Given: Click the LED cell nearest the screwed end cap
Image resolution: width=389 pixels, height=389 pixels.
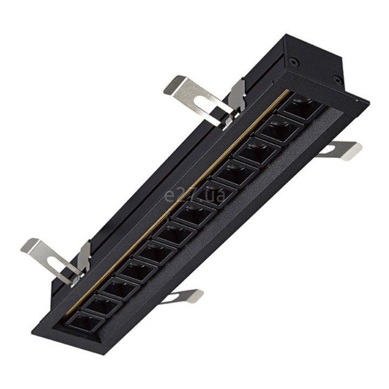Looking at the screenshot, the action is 302,108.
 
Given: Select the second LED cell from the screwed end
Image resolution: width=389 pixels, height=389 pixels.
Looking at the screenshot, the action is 280,130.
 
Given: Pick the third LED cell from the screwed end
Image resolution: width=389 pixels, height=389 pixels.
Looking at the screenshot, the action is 258,151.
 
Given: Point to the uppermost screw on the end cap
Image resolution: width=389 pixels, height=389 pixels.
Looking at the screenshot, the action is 294,61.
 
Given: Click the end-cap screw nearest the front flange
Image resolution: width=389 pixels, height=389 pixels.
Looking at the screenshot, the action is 337,79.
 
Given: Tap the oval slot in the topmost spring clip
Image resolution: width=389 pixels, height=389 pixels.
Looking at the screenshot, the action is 203,102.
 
